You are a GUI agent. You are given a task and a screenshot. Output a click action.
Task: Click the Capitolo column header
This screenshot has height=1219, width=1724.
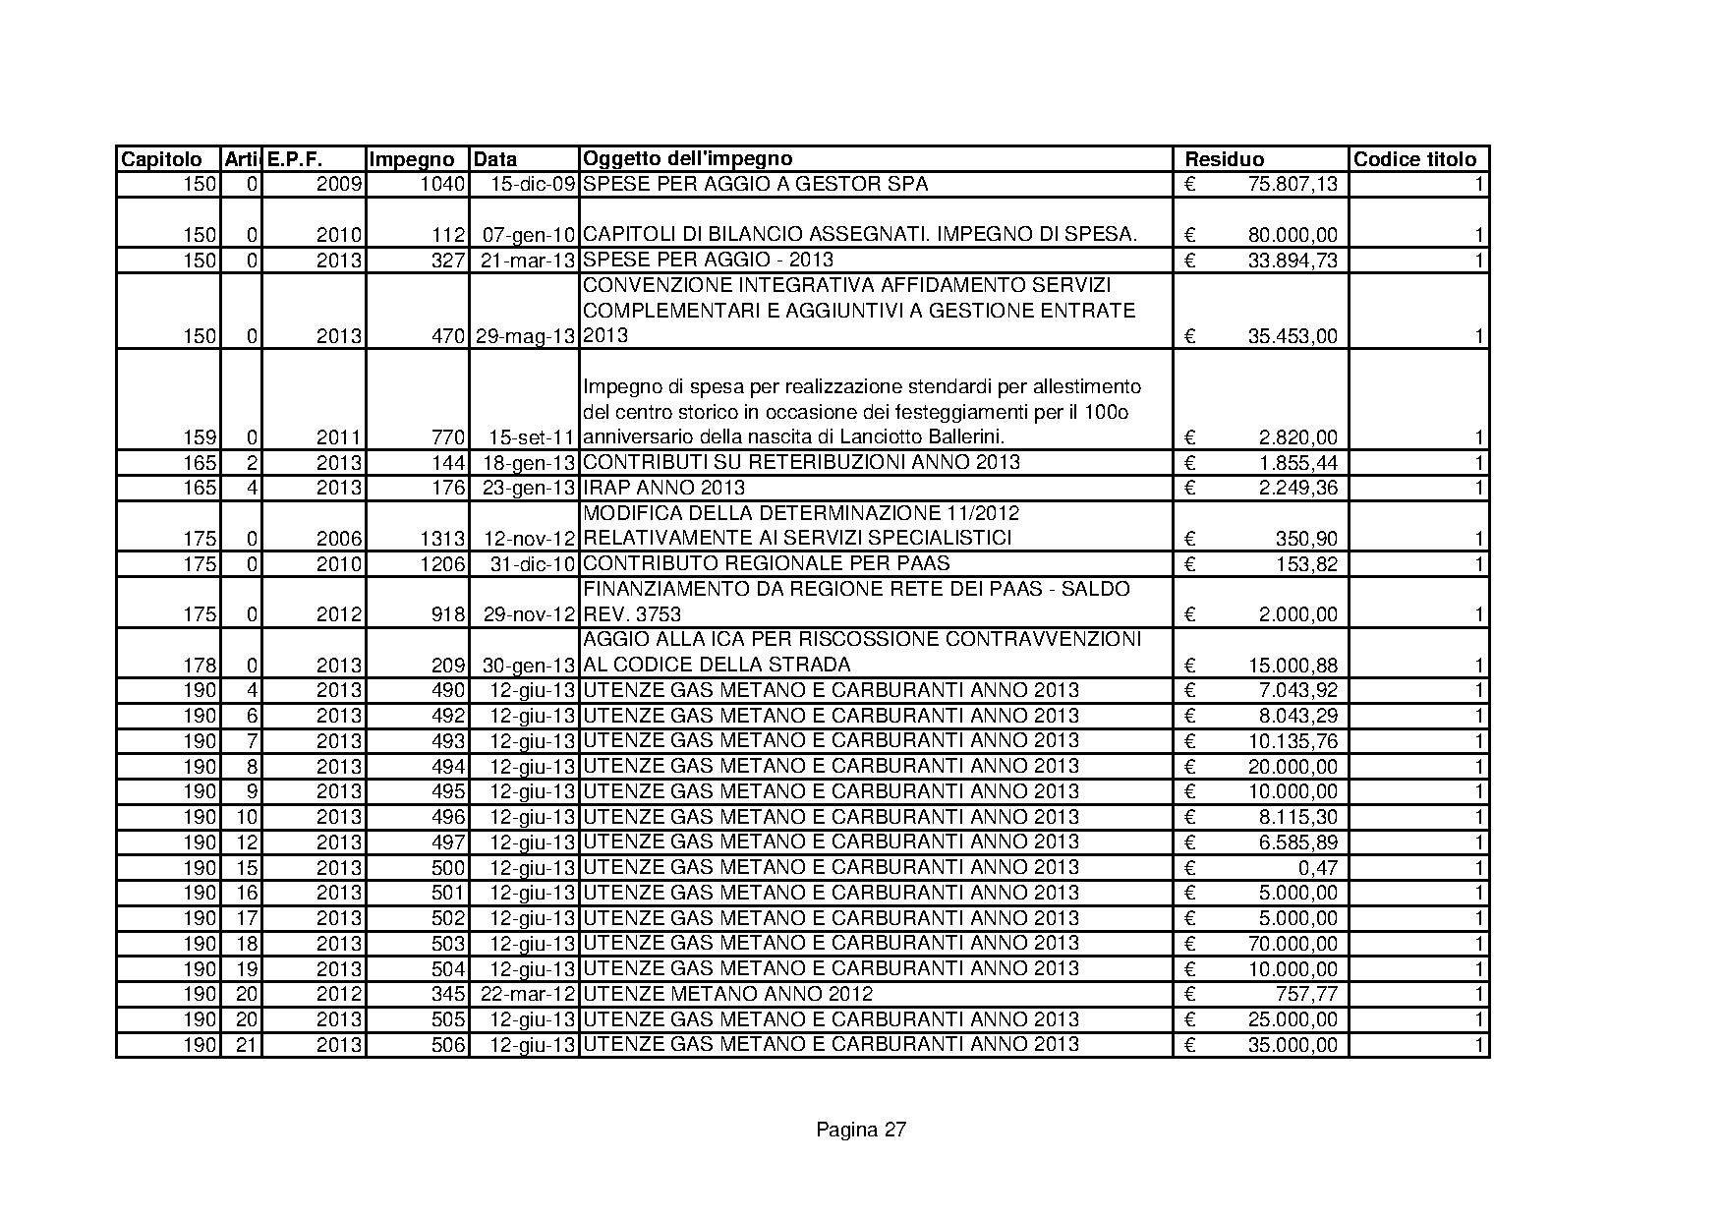[x=161, y=159]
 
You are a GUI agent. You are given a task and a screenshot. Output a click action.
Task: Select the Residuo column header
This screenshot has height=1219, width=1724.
[x=1224, y=159]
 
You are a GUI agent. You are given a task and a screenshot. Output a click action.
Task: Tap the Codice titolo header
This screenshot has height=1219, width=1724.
[x=1414, y=159]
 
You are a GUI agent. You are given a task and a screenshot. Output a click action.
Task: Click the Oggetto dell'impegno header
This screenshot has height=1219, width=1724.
[x=687, y=158]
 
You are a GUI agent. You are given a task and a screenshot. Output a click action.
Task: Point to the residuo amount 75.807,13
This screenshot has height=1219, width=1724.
[x=1292, y=184]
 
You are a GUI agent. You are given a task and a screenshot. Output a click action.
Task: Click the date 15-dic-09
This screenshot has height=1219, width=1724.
[x=532, y=184]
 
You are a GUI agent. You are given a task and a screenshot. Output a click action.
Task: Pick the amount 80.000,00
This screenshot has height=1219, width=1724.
[x=1292, y=235]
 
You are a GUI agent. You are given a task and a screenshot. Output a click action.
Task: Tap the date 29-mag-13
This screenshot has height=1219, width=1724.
[x=525, y=335]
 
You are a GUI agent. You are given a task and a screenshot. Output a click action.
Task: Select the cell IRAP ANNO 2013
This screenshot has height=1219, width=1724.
[x=663, y=488]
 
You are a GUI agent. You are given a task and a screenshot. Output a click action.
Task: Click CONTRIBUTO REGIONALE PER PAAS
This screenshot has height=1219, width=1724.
[x=767, y=563]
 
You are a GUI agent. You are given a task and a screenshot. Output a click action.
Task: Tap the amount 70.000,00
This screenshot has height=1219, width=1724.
[x=1292, y=944]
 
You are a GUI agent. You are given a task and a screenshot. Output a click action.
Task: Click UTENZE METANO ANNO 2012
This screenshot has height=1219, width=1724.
[x=727, y=994]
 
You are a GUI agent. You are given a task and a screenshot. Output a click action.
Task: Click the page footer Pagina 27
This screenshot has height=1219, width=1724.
[x=861, y=1130]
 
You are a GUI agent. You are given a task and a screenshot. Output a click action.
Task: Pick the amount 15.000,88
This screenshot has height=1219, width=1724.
[x=1292, y=666]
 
